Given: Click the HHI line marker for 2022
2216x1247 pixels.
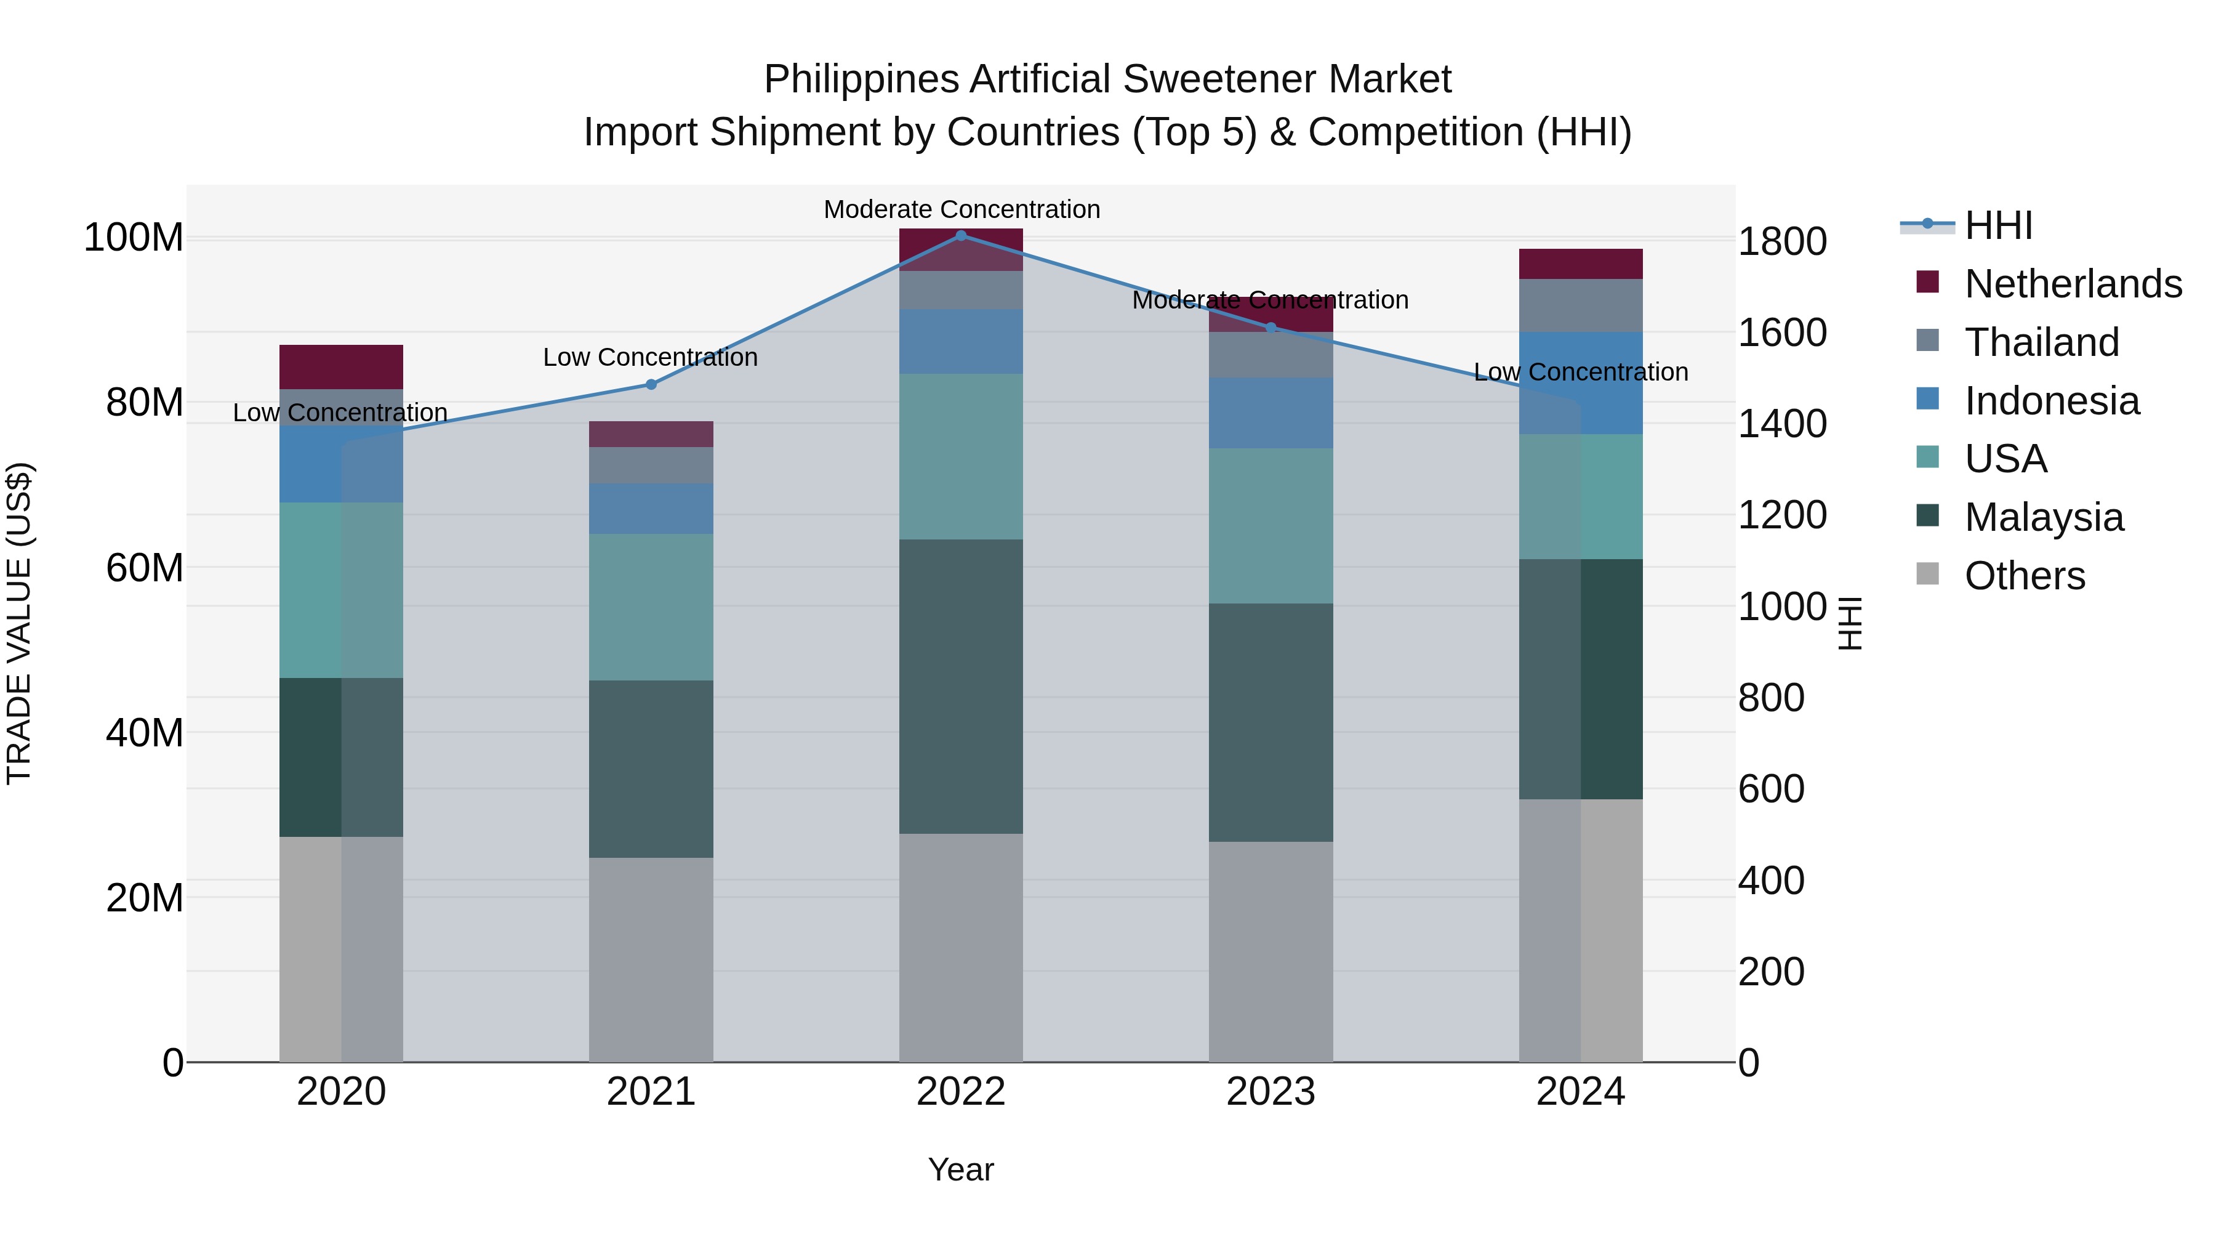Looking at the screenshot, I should point(961,236).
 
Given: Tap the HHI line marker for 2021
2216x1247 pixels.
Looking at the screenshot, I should point(651,385).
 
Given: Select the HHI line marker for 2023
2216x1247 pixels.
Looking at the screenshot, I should point(1271,328).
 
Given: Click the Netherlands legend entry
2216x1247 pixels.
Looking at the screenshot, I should point(2073,284).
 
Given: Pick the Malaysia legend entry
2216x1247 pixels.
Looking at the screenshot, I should point(2043,517).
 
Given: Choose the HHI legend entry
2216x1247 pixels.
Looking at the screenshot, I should point(1998,225).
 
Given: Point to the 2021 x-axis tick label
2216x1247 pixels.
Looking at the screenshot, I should point(651,1092).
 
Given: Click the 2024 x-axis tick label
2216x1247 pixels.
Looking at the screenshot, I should point(1580,1092).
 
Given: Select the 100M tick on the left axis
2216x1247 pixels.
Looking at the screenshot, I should point(134,238).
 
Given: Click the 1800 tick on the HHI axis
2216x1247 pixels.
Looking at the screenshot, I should point(1781,242).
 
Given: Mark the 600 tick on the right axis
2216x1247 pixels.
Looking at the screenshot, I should point(1770,789).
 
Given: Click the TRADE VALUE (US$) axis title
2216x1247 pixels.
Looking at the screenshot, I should point(20,623).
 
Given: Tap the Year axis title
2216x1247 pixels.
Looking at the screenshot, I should point(961,1169).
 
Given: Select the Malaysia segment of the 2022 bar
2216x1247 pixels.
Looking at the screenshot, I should point(961,686).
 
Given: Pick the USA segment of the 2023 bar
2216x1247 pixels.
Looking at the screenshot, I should point(1271,526).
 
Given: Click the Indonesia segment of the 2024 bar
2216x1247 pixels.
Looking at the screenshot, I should point(1580,383).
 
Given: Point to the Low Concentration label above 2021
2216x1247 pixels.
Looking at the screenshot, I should point(651,357).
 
